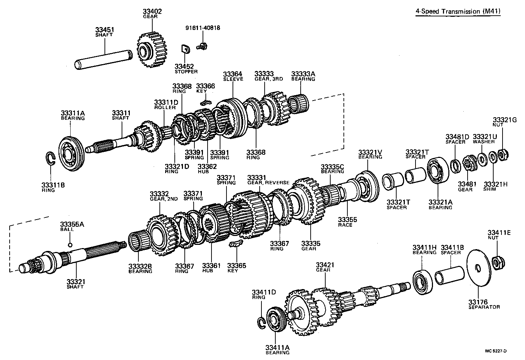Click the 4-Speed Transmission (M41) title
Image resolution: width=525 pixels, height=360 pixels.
pyautogui.click(x=458, y=11)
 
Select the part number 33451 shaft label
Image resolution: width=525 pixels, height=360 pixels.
pyautogui.click(x=104, y=32)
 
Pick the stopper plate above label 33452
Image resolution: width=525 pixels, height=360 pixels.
pyautogui.click(x=184, y=48)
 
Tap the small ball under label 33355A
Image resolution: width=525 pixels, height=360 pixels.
pyautogui.click(x=70, y=245)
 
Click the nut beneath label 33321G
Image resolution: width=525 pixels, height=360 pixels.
pyautogui.click(x=502, y=154)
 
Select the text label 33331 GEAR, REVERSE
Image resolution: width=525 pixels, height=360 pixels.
pyautogui.click(x=268, y=180)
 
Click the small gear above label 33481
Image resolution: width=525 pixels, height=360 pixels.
pyautogui.click(x=468, y=163)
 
